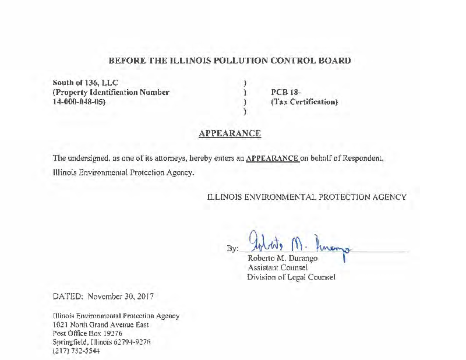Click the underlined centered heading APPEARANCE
[x=230, y=133]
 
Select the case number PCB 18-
[x=285, y=92]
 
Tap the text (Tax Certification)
[x=305, y=102]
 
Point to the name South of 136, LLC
[x=86, y=82]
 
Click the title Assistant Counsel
[x=277, y=267]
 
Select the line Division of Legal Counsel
[x=291, y=277]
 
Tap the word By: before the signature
[x=232, y=249]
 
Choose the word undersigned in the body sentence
[x=87, y=158]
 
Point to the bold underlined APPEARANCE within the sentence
[x=273, y=158]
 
